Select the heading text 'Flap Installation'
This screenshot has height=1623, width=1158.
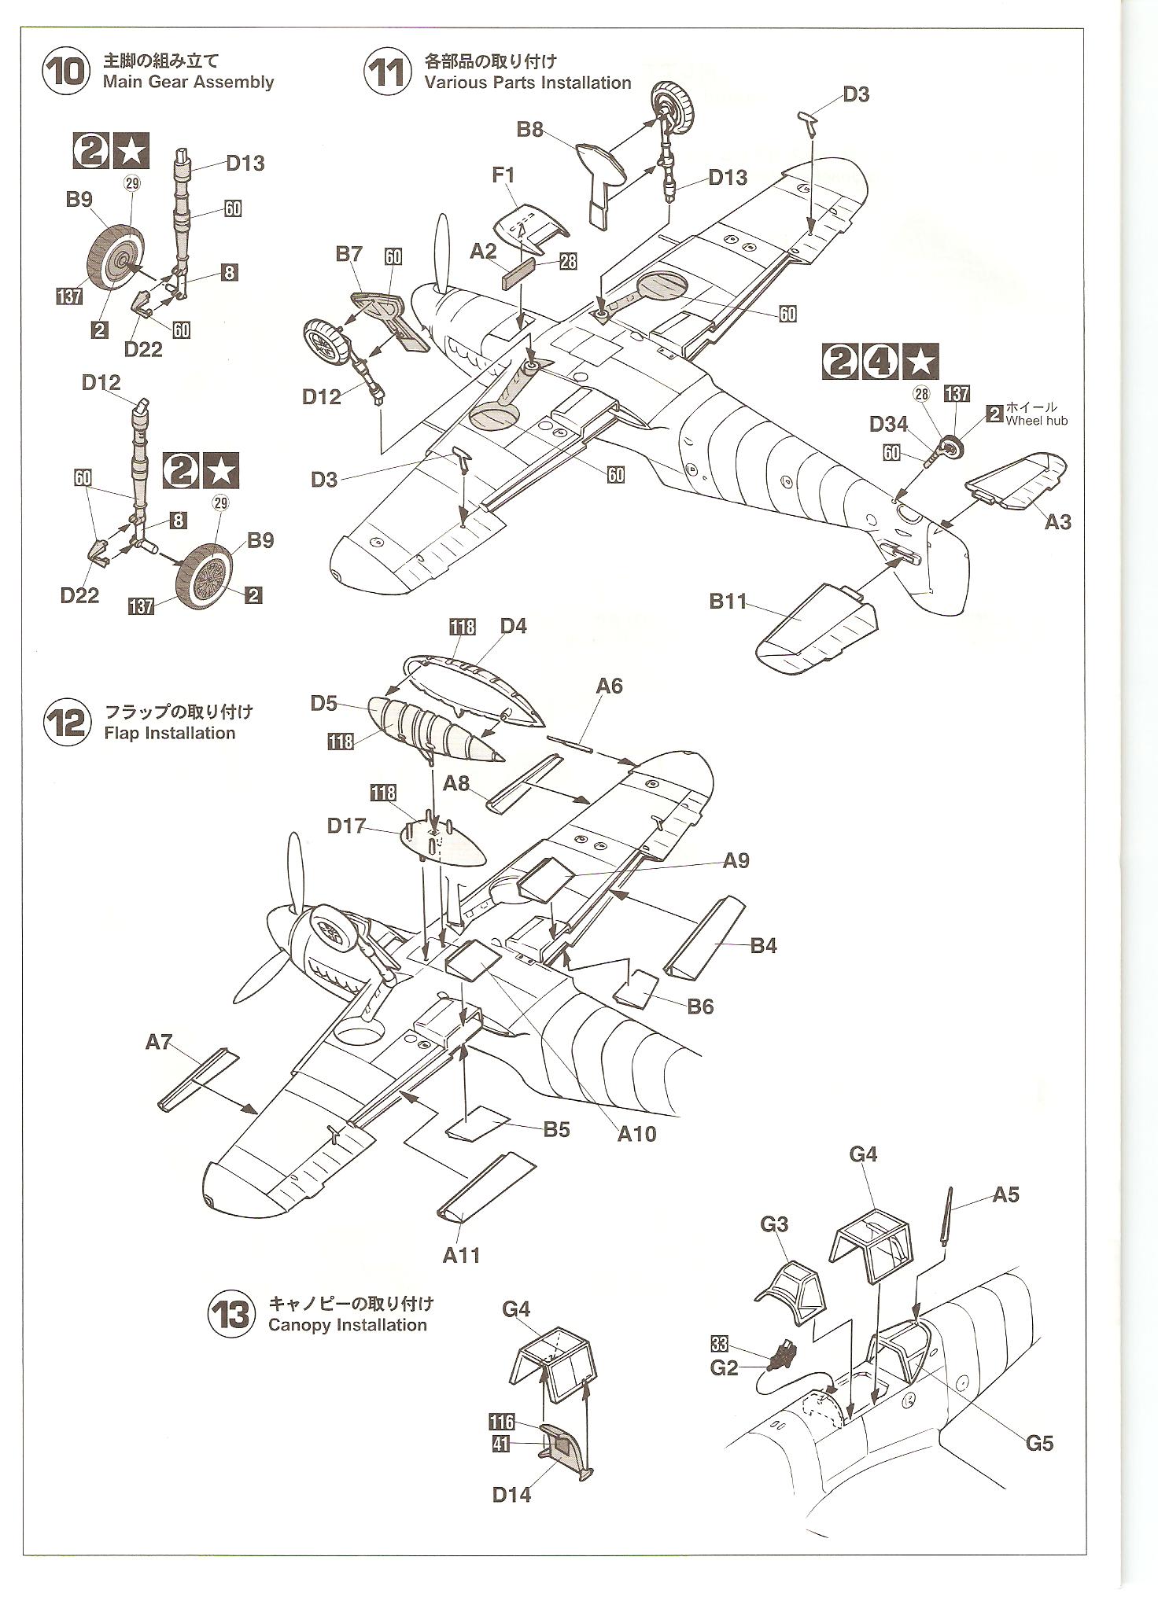point(169,733)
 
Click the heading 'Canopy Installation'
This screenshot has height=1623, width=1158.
point(347,1325)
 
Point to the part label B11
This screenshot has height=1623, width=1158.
point(728,602)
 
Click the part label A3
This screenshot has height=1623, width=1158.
point(1057,521)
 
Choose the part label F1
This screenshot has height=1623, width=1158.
point(503,175)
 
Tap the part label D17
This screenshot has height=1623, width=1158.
point(347,826)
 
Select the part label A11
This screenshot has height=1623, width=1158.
point(461,1254)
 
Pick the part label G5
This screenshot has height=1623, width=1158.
point(1038,1443)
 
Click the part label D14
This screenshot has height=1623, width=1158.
point(512,1494)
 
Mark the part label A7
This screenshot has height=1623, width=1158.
point(158,1042)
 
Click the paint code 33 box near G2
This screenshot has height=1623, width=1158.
point(719,1343)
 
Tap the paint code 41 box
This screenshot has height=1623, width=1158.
point(501,1445)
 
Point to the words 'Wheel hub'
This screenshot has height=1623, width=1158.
point(1036,421)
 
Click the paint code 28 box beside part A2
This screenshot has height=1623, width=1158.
point(568,262)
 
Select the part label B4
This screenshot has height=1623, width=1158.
point(763,945)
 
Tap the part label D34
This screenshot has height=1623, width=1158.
point(888,425)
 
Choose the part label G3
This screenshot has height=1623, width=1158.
point(774,1224)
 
